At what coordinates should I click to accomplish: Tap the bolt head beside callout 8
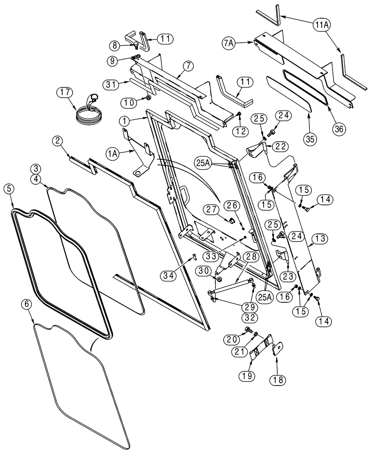(x=136, y=44)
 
